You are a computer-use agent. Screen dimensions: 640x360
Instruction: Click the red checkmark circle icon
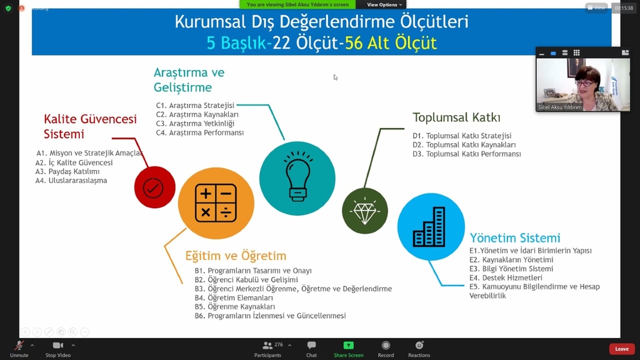point(155,187)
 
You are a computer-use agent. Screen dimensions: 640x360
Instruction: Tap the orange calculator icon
point(216,203)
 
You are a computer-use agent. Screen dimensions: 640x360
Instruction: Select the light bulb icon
point(297,178)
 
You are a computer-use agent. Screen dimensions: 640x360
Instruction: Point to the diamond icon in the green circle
point(365,211)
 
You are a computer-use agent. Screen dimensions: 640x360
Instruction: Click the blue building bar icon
point(431,226)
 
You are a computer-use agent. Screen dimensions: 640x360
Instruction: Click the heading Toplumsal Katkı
point(456,117)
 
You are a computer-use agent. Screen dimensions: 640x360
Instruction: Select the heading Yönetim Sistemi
point(515,237)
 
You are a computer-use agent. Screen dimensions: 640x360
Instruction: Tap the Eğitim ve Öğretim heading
point(236,256)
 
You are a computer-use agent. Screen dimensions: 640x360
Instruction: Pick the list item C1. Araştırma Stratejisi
point(195,105)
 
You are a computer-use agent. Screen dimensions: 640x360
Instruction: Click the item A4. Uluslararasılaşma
point(71,181)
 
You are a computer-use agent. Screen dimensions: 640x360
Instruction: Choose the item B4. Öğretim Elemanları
point(234,297)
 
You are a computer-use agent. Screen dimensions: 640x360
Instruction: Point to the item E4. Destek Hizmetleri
point(506,277)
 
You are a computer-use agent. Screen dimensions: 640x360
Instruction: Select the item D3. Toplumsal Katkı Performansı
point(466,154)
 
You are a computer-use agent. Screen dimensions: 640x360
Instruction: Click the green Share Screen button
point(349,349)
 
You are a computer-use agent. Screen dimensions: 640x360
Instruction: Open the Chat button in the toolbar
point(311,349)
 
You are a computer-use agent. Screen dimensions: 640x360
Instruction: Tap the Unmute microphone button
point(19,349)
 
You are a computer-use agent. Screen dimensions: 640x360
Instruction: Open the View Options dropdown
point(384,4)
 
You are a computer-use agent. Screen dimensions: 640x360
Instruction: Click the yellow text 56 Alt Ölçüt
point(391,43)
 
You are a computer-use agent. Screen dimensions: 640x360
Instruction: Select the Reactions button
point(419,349)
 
